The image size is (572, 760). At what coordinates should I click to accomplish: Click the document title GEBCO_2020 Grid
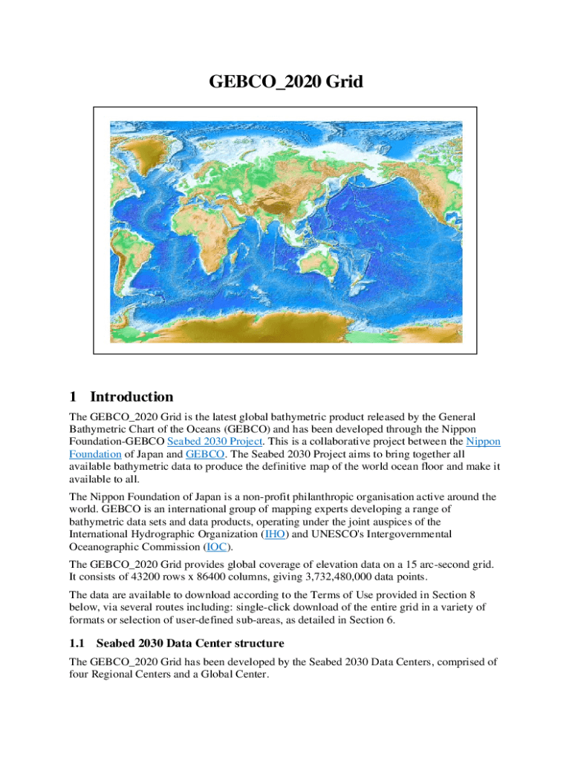point(286,81)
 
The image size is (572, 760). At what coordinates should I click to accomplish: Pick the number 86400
point(227,577)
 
